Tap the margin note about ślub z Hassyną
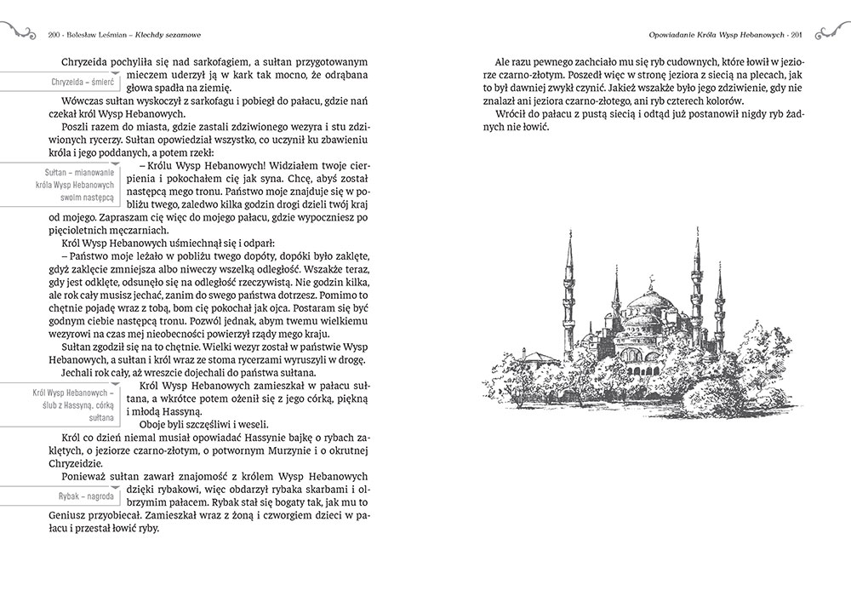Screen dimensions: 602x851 (72, 404)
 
